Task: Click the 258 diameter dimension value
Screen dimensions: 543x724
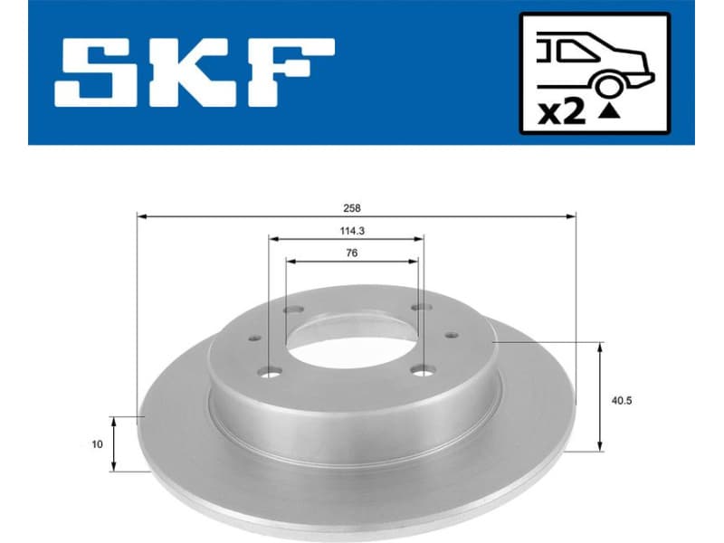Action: pyautogui.click(x=352, y=208)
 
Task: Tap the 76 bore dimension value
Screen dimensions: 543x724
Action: pyautogui.click(x=352, y=253)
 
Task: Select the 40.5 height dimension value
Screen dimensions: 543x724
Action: pyautogui.click(x=621, y=399)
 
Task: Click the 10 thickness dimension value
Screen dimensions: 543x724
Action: pyautogui.click(x=97, y=444)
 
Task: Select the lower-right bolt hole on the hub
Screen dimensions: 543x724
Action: pyautogui.click(x=417, y=369)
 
